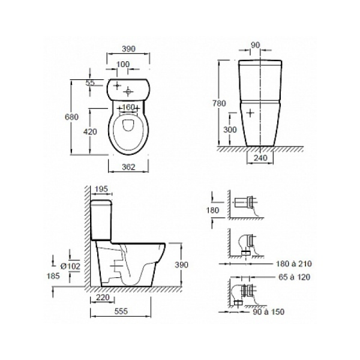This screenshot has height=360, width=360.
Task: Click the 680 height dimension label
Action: click(x=71, y=117)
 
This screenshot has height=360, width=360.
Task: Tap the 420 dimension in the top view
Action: click(x=90, y=131)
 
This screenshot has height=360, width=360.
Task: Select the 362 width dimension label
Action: click(x=128, y=167)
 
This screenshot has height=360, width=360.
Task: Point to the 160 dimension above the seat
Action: click(x=128, y=107)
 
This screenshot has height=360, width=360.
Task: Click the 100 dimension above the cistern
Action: click(x=123, y=64)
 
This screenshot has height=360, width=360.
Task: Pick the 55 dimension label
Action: click(x=90, y=83)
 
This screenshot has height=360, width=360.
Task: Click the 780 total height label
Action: click(x=219, y=103)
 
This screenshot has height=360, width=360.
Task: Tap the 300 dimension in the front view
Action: click(x=230, y=130)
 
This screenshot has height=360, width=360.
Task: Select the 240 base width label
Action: click(x=261, y=158)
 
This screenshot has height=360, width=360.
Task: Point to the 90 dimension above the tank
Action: click(x=256, y=45)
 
